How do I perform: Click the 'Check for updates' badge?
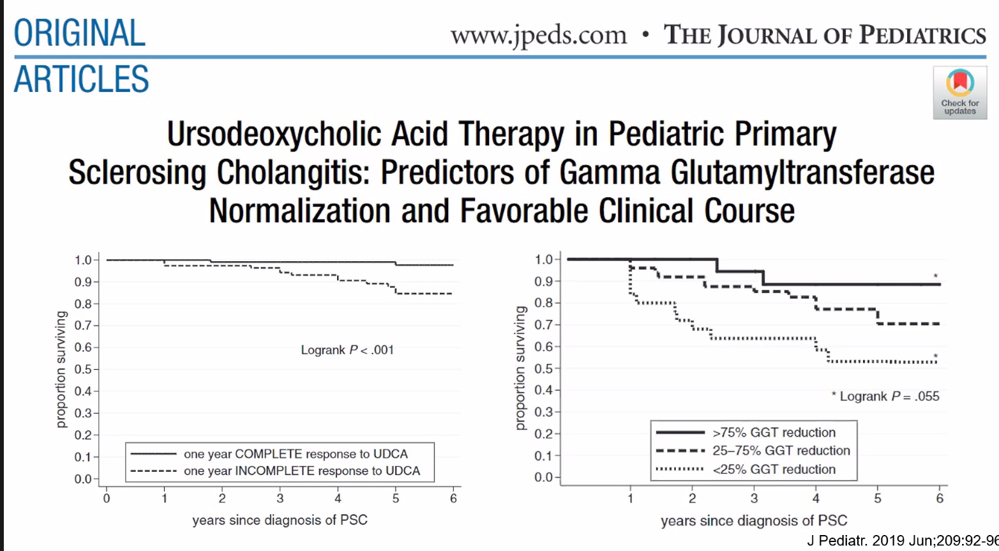coord(959,93)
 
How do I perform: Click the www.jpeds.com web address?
coord(539,35)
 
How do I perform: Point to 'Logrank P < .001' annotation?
coord(347,350)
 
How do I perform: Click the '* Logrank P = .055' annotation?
coord(885,396)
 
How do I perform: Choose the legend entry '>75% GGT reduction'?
coord(774,432)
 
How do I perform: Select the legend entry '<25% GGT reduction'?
coord(774,469)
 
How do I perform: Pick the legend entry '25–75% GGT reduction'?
coord(781,451)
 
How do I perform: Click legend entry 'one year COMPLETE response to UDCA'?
coord(296,454)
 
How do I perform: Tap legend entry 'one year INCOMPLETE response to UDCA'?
coord(302,471)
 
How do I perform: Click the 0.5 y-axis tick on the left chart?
coord(84,370)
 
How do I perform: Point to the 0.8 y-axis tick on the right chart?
coord(544,303)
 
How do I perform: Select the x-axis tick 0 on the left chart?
coord(107,499)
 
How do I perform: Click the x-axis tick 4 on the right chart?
coord(816,498)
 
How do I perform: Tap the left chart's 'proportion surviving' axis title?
coord(61,370)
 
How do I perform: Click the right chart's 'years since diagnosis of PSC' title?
coord(754,521)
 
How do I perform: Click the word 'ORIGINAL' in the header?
coord(80,34)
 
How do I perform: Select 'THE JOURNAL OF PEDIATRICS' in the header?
coord(825,35)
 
